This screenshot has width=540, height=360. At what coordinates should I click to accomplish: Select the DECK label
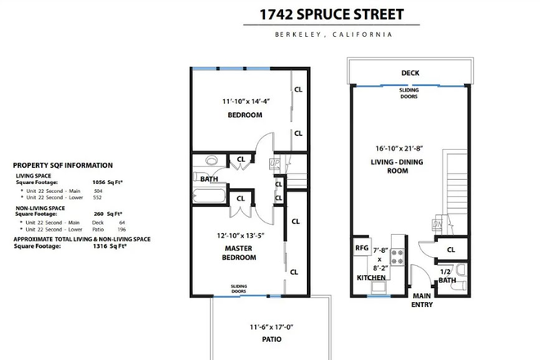click(410, 73)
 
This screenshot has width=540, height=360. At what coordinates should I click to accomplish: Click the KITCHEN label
click(371, 278)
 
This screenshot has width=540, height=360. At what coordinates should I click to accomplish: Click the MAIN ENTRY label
click(422, 300)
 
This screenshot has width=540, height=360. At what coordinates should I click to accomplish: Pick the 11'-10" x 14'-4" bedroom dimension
click(245, 101)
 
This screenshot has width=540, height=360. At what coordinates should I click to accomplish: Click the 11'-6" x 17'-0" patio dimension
click(263, 327)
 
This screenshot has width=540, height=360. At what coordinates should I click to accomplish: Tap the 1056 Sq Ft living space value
click(104, 182)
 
